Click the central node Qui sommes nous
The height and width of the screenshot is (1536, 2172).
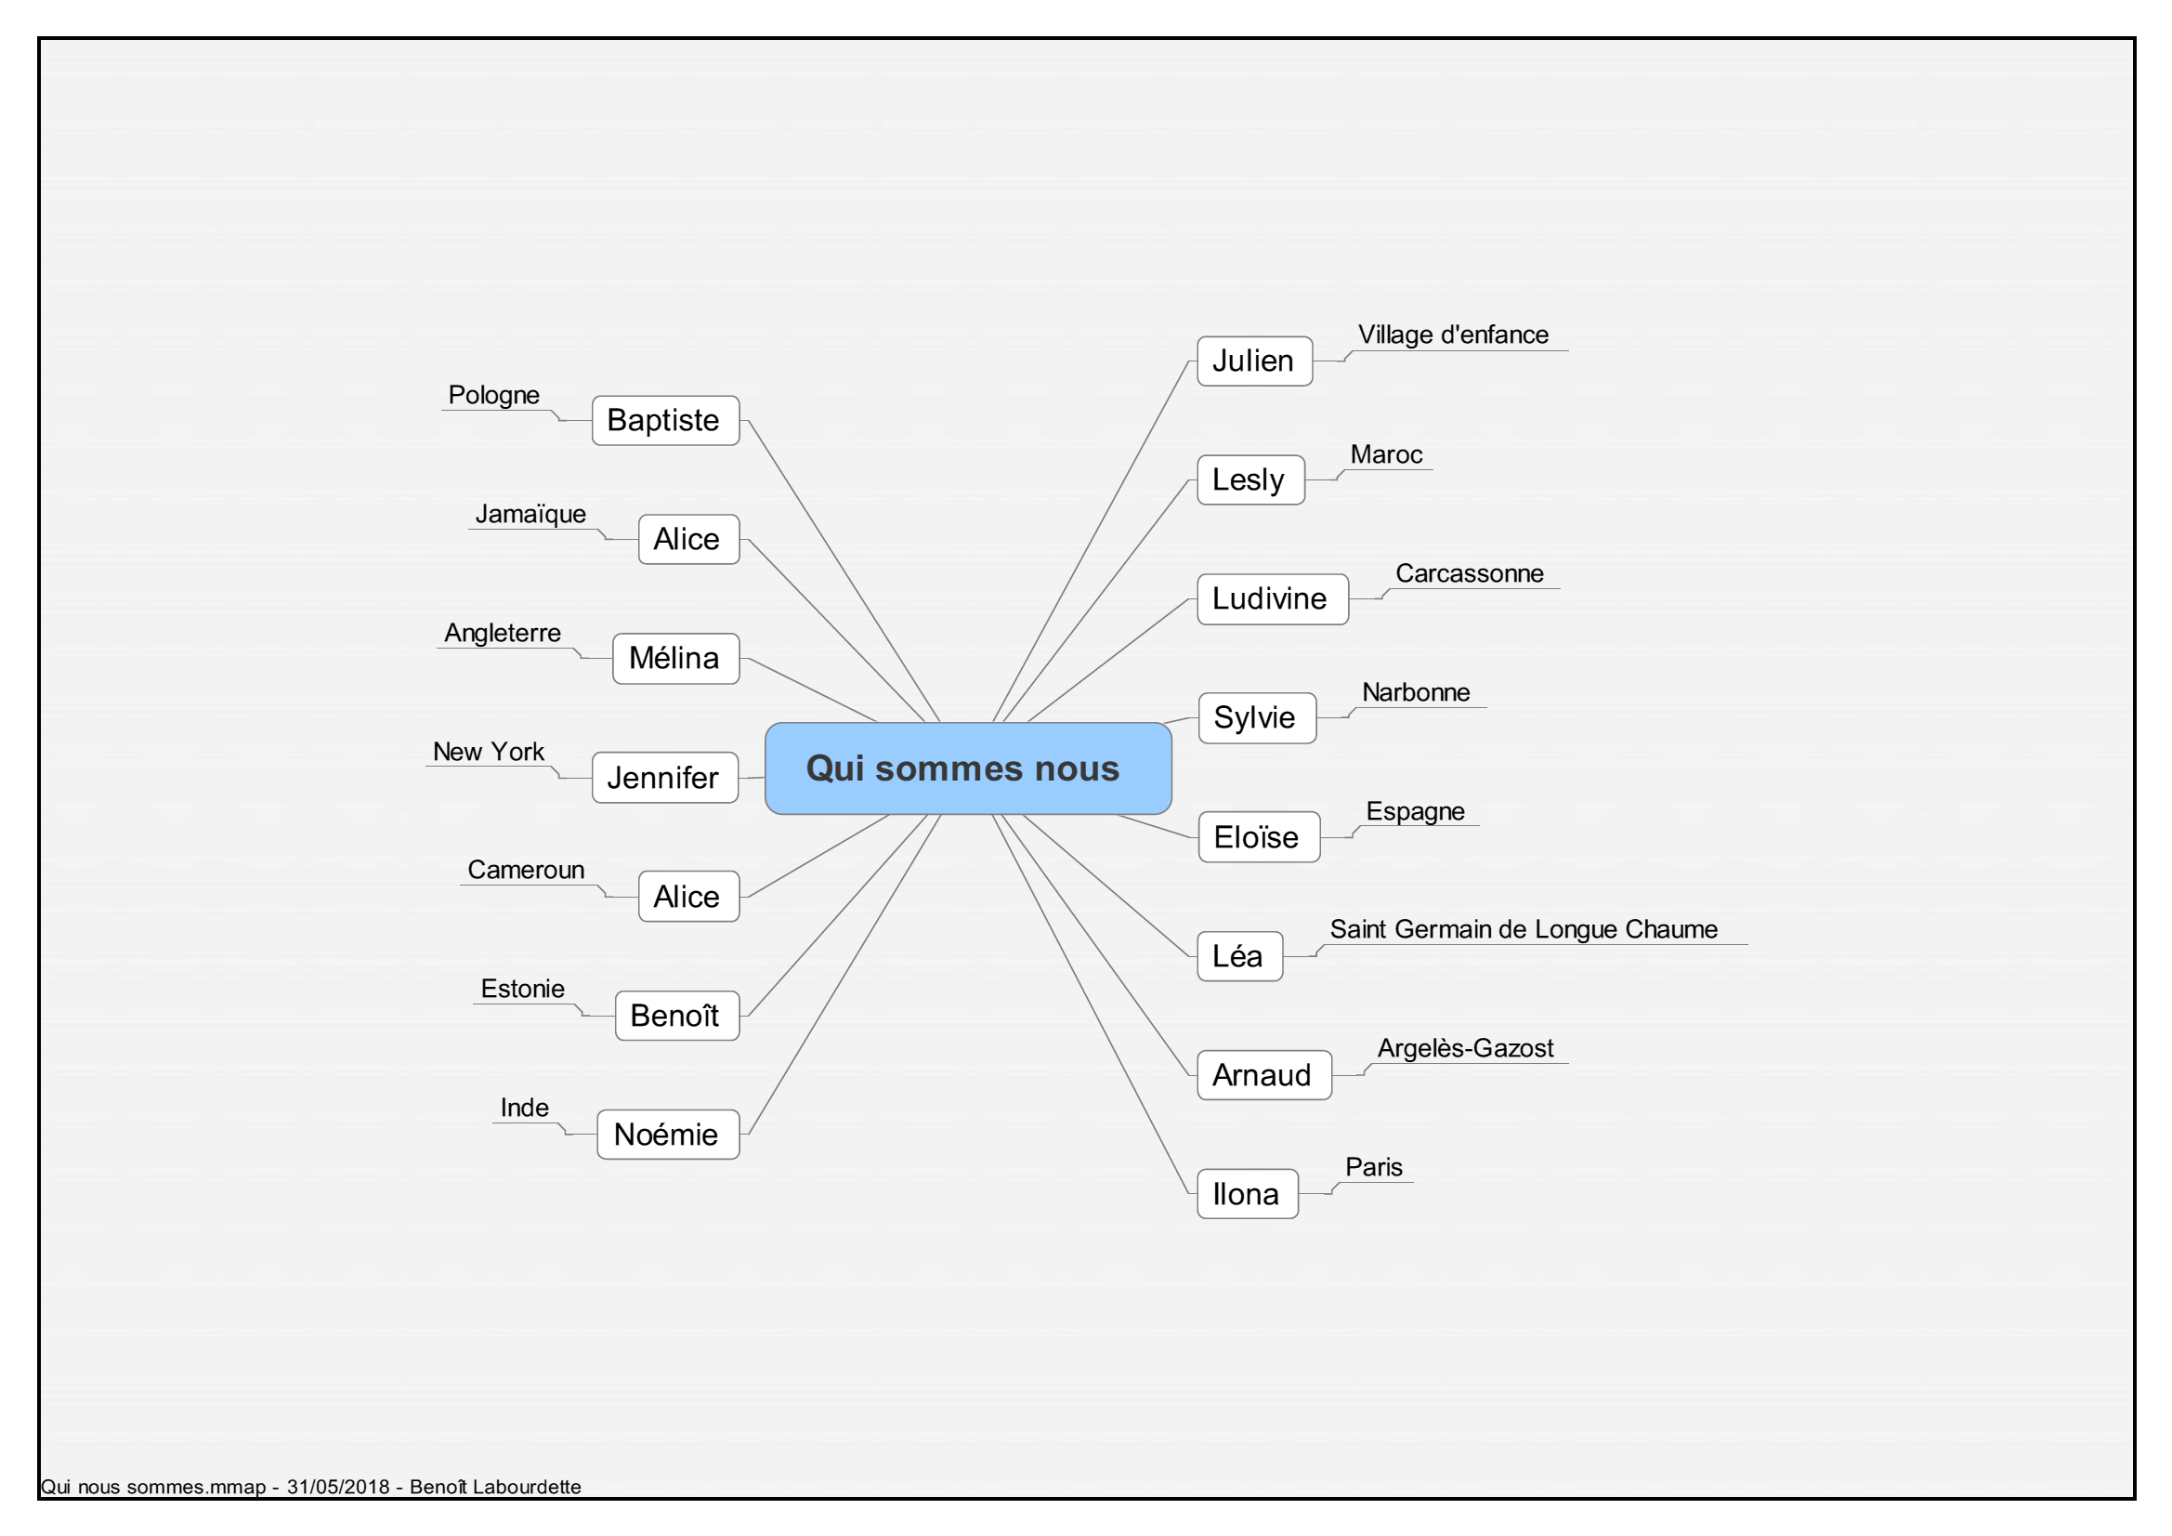pos(968,768)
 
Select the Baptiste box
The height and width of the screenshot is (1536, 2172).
pos(665,420)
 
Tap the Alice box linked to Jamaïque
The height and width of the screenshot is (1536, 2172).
pos(688,540)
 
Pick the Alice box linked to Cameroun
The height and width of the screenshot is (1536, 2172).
pos(688,897)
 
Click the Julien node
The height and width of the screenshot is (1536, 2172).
pos(1254,361)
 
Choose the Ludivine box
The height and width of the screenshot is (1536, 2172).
pos(1273,599)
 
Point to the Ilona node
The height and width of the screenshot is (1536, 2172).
pos(1247,1194)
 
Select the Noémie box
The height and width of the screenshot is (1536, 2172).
pos(668,1135)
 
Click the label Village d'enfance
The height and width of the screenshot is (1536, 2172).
pos(1453,335)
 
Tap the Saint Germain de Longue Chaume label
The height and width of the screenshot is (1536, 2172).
pos(1523,929)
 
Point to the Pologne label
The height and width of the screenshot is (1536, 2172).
pos(494,395)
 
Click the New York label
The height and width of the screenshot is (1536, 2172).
pos(488,752)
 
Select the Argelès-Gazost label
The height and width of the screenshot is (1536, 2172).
pos(1465,1048)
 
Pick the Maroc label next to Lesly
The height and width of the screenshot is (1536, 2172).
pos(1386,454)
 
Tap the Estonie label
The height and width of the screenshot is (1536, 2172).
pos(522,989)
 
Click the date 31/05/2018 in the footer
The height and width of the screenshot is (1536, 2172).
pos(338,1487)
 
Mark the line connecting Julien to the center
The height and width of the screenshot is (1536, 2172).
pos(1090,542)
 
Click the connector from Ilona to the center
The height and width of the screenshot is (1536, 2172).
pos(1090,1004)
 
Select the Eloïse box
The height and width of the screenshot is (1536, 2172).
pos(1259,837)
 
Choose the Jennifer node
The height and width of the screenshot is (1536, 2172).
pos(665,778)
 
